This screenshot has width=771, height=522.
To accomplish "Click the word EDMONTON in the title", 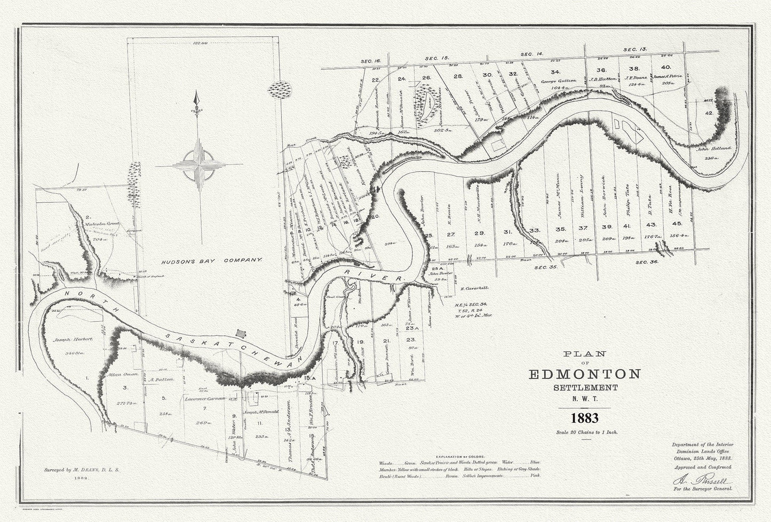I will pos(584,374).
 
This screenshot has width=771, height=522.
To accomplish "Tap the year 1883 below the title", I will pos(584,417).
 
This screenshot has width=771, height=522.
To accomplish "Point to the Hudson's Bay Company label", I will pos(212,260).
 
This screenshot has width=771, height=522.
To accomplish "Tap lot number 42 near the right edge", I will pos(709,114).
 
